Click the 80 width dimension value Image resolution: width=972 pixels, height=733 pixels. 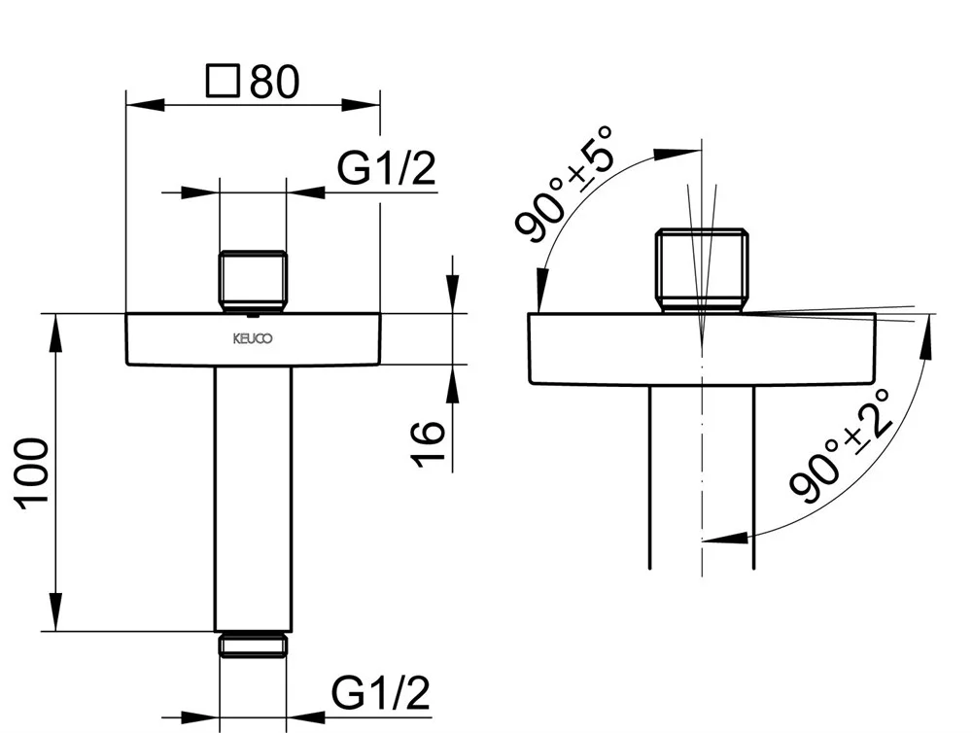[x=275, y=81]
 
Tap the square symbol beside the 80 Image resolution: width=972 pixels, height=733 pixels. [x=223, y=81]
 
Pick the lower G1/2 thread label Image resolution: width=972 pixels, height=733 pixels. [x=381, y=693]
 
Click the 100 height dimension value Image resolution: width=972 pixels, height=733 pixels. [x=33, y=474]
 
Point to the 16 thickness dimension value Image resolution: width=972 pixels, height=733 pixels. [x=429, y=443]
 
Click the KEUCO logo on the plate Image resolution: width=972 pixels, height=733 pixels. [x=253, y=338]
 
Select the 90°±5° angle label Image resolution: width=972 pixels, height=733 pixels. [x=563, y=183]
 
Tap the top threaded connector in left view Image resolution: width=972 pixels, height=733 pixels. [x=253, y=281]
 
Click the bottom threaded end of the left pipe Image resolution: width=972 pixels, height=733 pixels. [x=253, y=645]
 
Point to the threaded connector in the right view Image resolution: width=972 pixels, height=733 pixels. [x=702, y=269]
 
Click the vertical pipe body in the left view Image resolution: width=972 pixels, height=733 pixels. [x=253, y=499]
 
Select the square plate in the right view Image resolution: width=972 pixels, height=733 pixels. [x=702, y=349]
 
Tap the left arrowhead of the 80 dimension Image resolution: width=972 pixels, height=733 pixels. [x=146, y=104]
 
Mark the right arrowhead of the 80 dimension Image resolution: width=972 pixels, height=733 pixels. [x=361, y=104]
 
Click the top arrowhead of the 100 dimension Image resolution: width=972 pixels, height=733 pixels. [x=55, y=333]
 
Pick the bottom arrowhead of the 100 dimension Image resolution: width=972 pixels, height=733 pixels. [x=55, y=612]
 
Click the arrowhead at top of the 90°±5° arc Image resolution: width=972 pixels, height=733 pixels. [x=677, y=154]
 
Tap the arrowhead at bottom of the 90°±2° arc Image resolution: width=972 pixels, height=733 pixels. [x=725, y=537]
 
